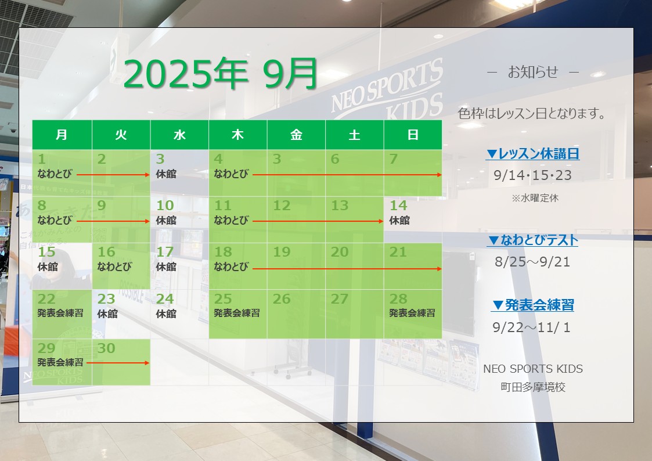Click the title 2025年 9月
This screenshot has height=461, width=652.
pos(221,74)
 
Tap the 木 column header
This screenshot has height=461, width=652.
pos(237,135)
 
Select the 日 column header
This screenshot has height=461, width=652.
pos(412,135)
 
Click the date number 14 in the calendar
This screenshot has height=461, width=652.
pos(398,206)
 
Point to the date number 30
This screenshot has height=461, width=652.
pos(106,348)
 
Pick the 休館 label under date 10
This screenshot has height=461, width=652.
pos(166,220)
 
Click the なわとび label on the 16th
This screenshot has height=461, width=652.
pos(114,266)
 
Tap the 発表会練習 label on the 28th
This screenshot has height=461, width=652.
pos(412,313)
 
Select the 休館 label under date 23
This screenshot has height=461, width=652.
pos(107,314)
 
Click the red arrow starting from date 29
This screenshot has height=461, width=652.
pos(118,363)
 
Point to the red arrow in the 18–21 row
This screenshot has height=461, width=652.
pos(347,269)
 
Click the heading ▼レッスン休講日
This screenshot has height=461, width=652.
pos(532,154)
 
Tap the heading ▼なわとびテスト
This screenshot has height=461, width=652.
pos(532,240)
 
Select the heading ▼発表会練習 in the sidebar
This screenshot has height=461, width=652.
pos(532,305)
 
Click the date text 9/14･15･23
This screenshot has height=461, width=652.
pos(532,175)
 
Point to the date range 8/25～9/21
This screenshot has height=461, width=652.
pos(532,262)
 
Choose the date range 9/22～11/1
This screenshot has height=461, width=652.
pos(531,327)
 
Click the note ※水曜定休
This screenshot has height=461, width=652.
pos(535,199)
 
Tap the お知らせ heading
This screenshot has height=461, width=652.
pos(533,73)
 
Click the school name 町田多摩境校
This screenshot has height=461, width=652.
pos(533,387)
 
